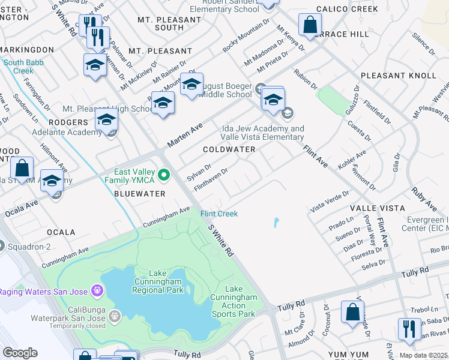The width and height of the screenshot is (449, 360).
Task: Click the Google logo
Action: click(20, 353)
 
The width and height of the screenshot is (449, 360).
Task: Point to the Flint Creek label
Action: click(218, 214)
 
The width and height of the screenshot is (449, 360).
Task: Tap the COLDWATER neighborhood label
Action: click(229, 149)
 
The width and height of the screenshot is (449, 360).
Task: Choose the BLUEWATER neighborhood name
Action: click(139, 194)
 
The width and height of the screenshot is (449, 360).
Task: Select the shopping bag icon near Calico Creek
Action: click(310, 25)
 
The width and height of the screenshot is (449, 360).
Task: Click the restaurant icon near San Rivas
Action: click(409, 329)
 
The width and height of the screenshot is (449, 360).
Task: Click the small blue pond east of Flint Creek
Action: click(276, 223)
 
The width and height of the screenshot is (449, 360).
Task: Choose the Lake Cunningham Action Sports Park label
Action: click(234, 305)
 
